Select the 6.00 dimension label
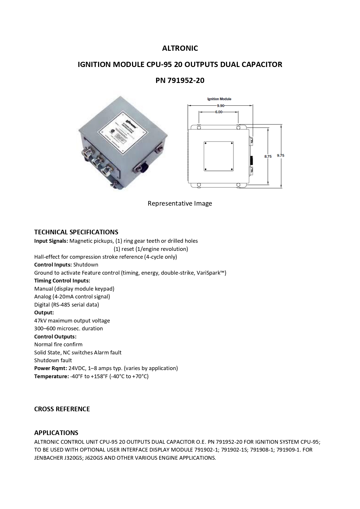(218, 112)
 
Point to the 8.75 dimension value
(268, 156)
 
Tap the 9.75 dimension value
(281, 155)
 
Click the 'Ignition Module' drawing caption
(219, 99)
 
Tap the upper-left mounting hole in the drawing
(199, 127)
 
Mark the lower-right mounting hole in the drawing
(238, 185)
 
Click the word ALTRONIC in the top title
(180, 48)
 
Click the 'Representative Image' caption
(180, 203)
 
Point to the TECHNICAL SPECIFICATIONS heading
(76, 232)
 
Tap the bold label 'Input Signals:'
(51, 241)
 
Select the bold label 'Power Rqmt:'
(50, 368)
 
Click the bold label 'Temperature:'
(51, 376)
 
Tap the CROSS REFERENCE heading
(62, 409)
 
